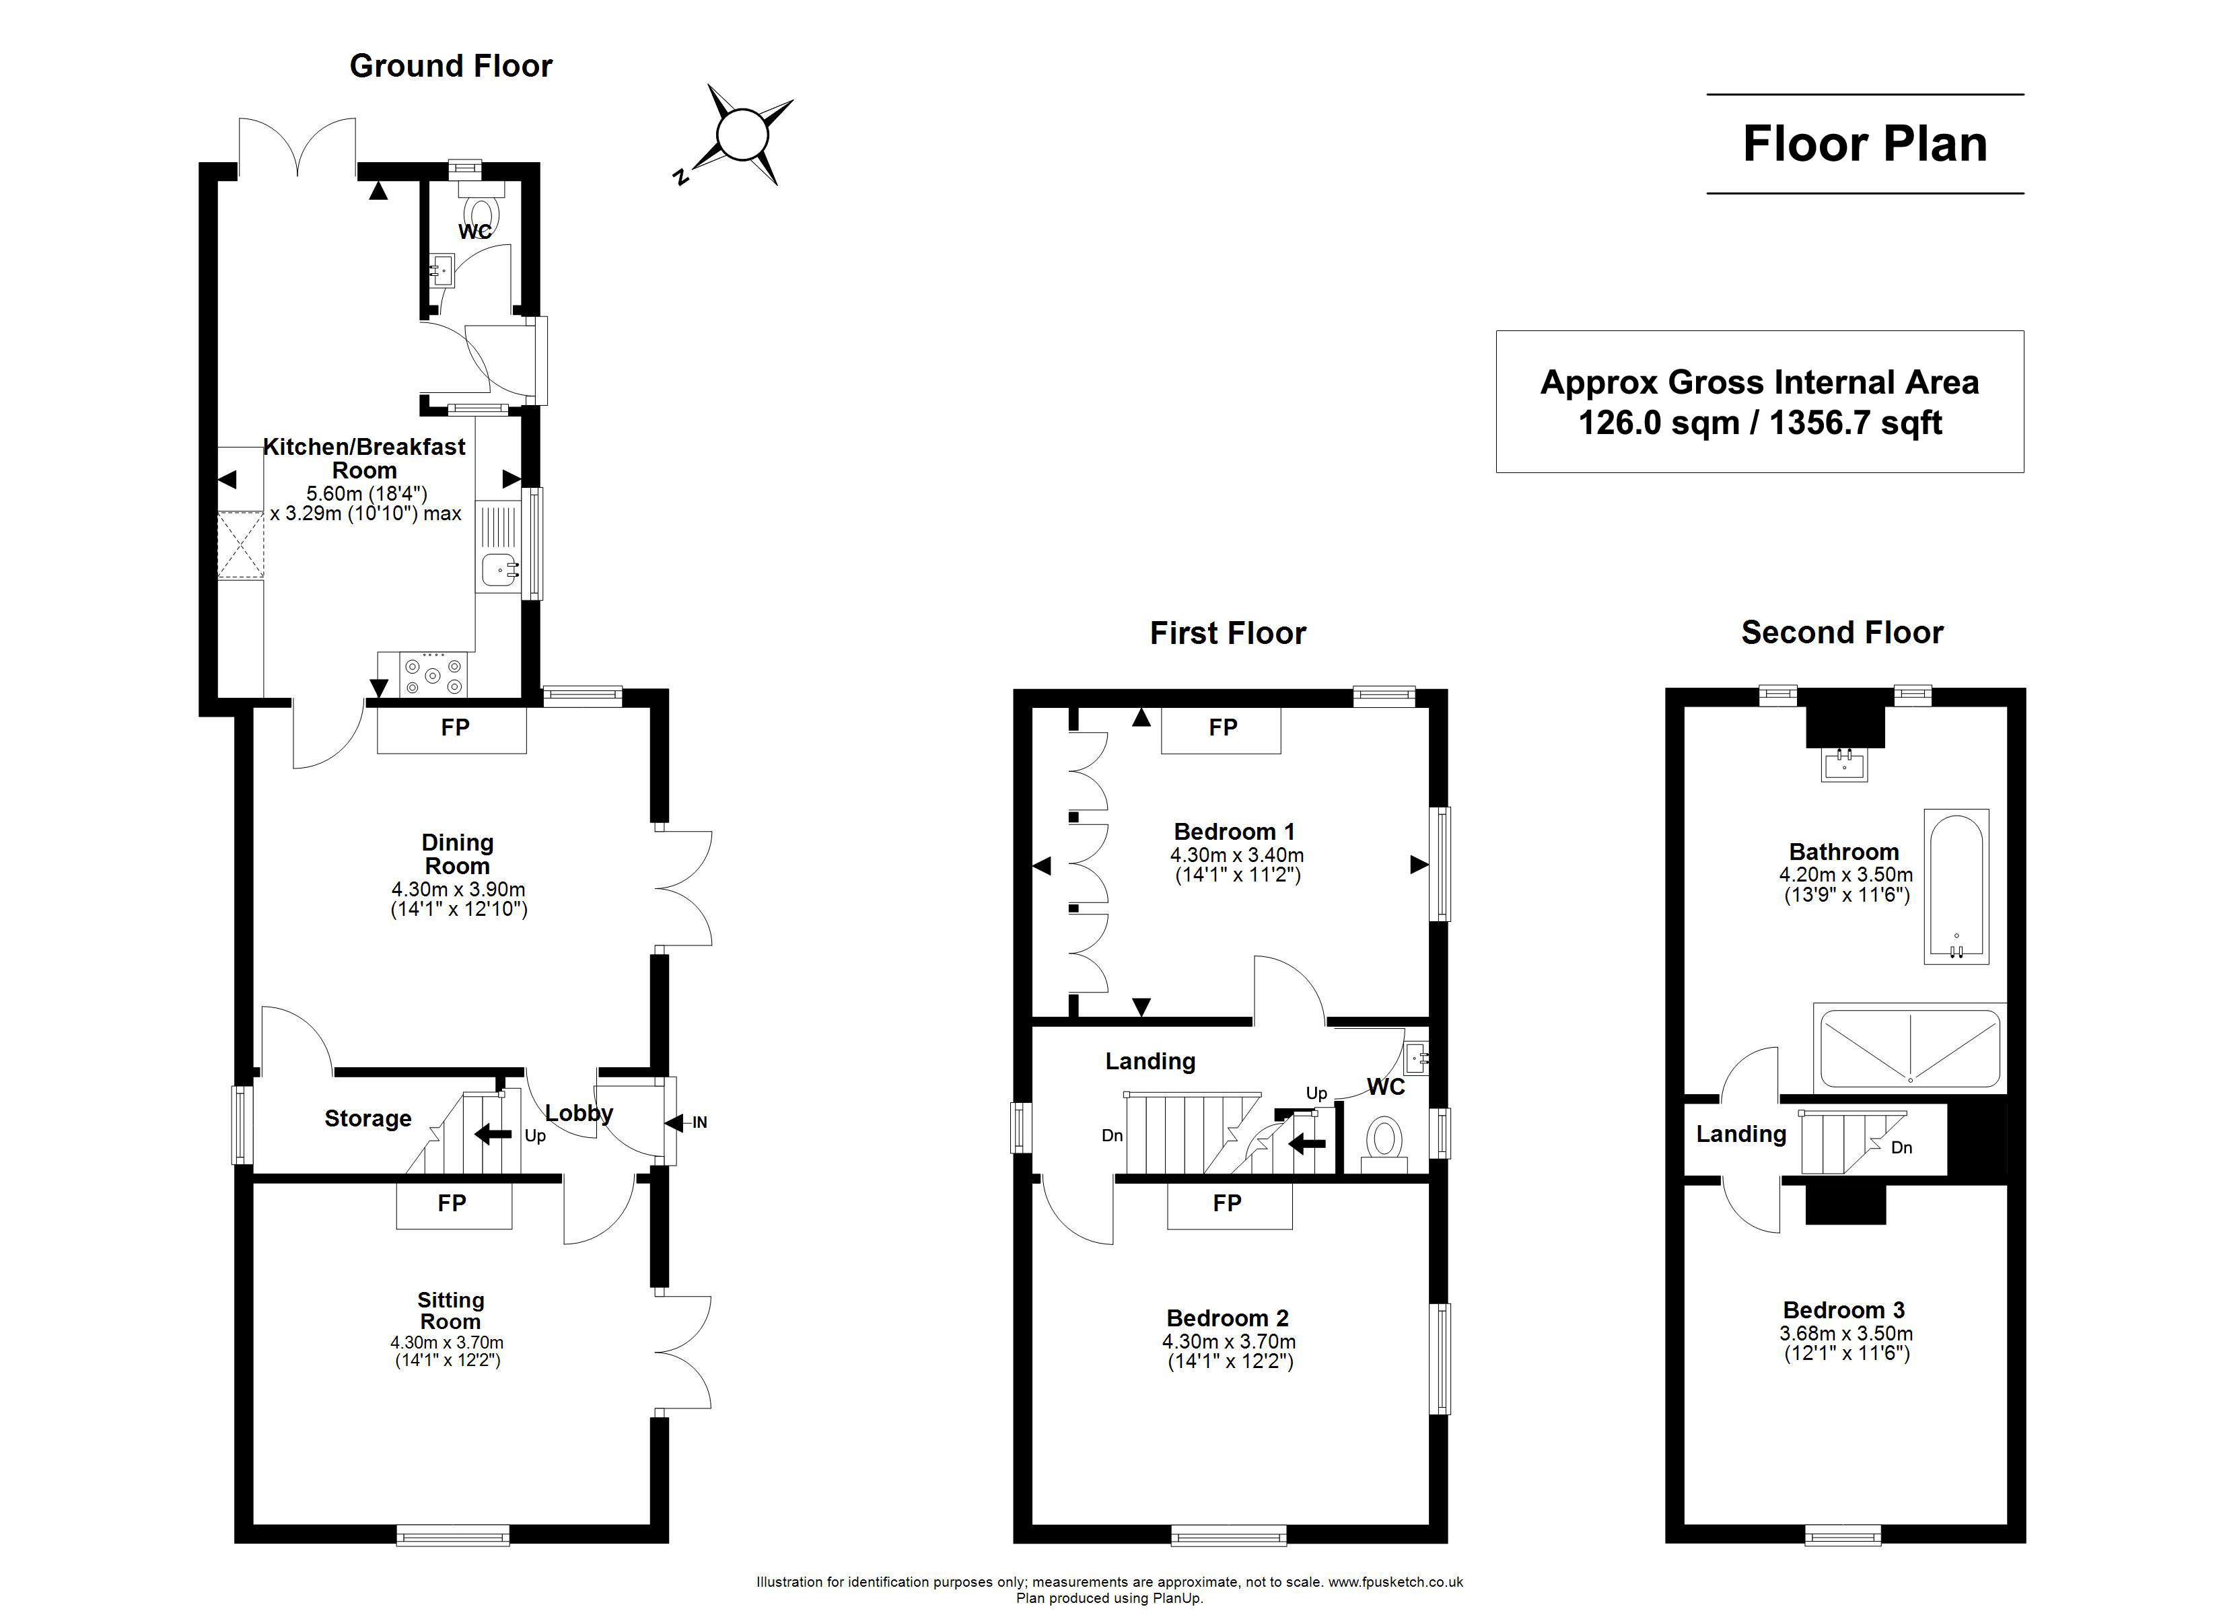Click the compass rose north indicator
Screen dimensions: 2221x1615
click(x=680, y=177)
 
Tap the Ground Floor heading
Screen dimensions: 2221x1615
click(x=452, y=66)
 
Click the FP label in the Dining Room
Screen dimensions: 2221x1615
click(x=456, y=727)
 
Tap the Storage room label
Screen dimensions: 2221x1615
click(x=368, y=1118)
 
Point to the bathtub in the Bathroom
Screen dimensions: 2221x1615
click(x=1956, y=886)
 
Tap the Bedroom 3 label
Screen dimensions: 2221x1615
click(x=1844, y=1310)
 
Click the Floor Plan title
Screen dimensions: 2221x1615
click(x=1866, y=144)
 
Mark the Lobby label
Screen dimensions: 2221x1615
click(x=579, y=1114)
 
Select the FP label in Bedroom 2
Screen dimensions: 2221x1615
click(x=1227, y=1203)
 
